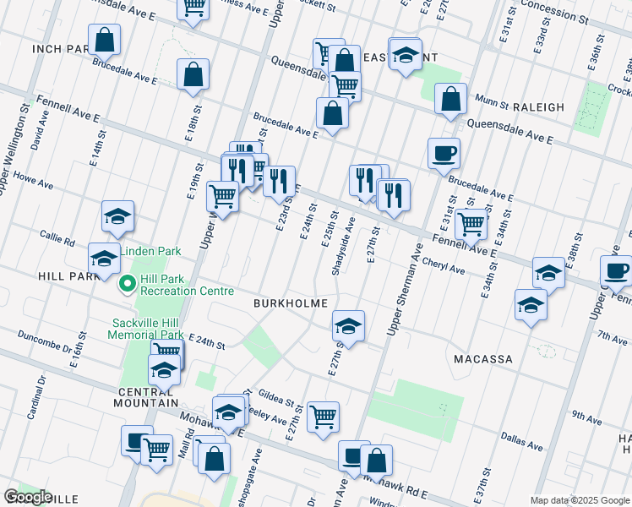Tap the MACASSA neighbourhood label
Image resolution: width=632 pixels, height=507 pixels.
click(x=482, y=359)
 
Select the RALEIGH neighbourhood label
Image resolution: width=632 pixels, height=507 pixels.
click(x=538, y=107)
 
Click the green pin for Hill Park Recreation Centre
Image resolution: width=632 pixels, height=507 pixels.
click(x=128, y=283)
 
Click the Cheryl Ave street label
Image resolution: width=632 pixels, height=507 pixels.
click(x=444, y=266)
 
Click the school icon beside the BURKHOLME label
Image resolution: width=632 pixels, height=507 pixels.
click(x=347, y=324)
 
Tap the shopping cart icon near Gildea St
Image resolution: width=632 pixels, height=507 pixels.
click(x=324, y=416)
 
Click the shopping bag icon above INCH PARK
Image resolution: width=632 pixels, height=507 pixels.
click(x=104, y=39)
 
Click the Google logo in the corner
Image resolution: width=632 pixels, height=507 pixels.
click(x=28, y=497)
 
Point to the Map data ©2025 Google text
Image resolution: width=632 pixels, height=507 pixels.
click(x=579, y=500)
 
